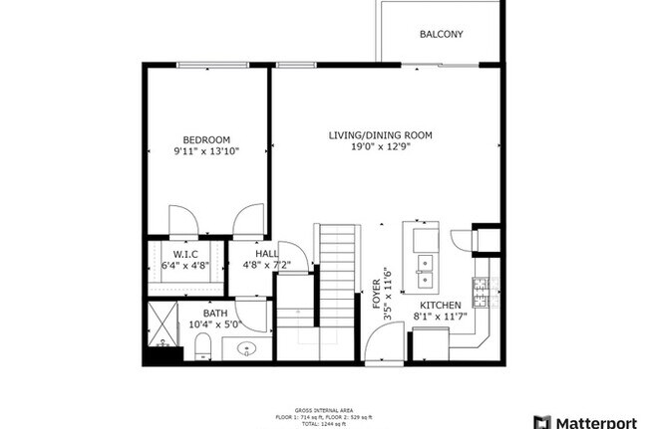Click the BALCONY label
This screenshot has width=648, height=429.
coord(441,34)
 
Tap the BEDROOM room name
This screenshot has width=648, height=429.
coord(206,139)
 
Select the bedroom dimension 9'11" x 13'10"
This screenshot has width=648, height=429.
coord(206,151)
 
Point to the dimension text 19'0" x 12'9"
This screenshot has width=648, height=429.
coord(382,147)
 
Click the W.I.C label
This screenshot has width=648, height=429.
coord(185,254)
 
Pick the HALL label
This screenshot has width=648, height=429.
coord(266,254)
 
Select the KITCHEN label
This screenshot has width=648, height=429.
coord(440,306)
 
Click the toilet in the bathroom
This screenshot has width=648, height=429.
coord(202,345)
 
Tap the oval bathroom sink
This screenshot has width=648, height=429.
coord(249,348)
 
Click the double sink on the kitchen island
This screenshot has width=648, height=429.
coord(425,263)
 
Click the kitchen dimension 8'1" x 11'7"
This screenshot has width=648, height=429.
coord(440,318)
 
